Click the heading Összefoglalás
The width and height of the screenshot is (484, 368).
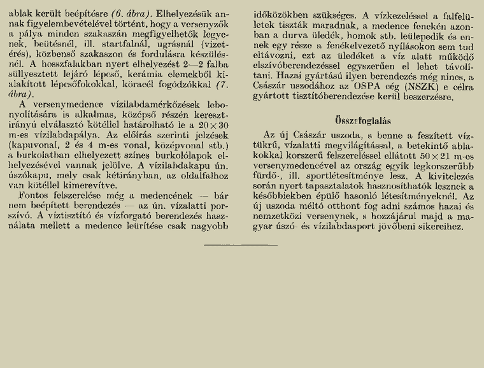[363, 120]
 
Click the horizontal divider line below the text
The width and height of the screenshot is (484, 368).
[241, 245]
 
